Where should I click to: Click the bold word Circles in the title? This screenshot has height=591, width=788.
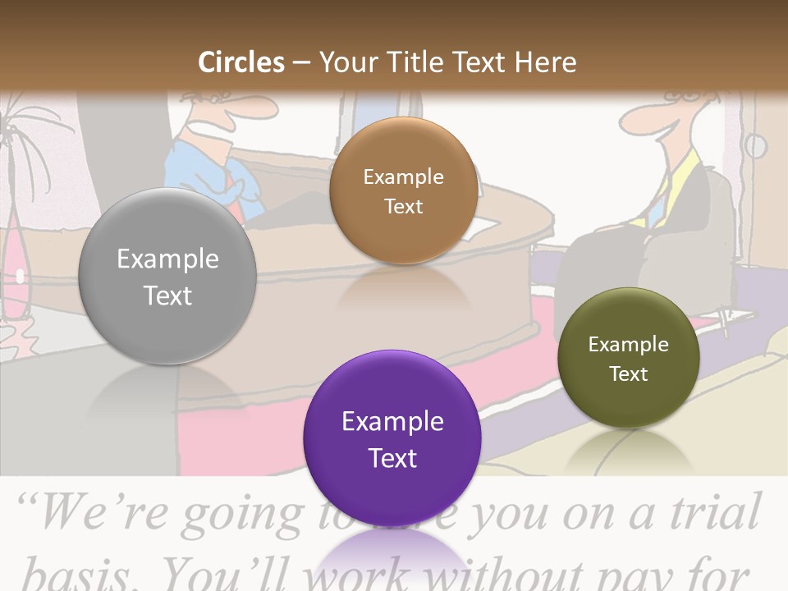coord(241,62)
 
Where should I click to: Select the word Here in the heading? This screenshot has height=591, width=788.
coord(545,62)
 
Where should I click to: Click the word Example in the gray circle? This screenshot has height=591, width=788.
coord(167,259)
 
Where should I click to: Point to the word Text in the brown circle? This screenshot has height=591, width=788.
coord(403,206)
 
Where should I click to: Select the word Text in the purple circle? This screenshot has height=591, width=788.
coord(392,458)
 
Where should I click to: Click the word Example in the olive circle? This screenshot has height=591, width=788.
coord(628,345)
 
